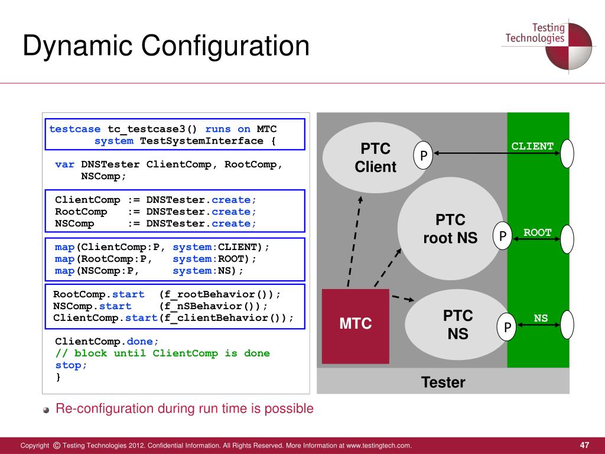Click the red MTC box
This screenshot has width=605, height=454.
click(x=355, y=326)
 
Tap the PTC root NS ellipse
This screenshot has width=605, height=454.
click(x=450, y=230)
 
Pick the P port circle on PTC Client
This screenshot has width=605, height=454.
click(x=423, y=155)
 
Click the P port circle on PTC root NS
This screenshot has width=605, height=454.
click(x=502, y=236)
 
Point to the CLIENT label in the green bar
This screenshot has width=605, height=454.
click(x=532, y=146)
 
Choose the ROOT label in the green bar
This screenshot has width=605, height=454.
click(x=537, y=232)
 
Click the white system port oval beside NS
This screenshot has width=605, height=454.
click(x=567, y=325)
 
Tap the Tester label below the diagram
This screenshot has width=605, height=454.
click(x=443, y=382)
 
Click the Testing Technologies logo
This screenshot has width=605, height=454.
click(x=547, y=44)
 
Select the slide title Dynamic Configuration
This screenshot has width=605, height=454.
click(x=166, y=46)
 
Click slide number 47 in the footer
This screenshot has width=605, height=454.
click(x=585, y=445)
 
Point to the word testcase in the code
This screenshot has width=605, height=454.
click(x=75, y=129)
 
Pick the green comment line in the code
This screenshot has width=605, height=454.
click(x=162, y=354)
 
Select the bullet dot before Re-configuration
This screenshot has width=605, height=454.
click(x=47, y=410)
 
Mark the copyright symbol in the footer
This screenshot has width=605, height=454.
click(x=56, y=445)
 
